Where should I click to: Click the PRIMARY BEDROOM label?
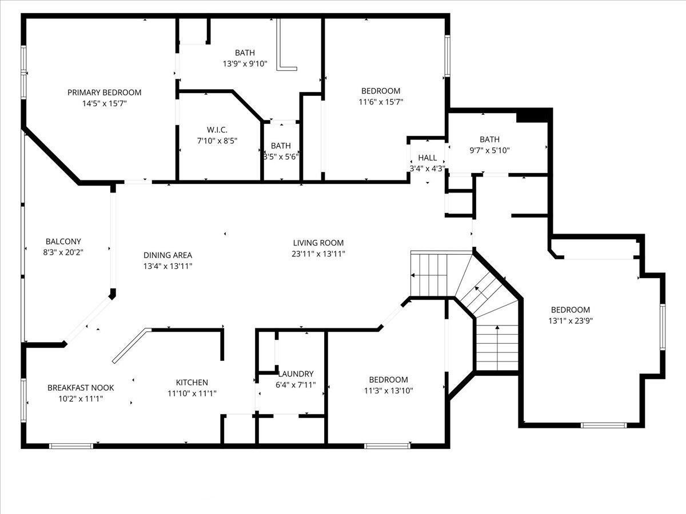105,93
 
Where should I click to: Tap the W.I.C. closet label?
217,130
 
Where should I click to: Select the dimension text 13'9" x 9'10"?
245,64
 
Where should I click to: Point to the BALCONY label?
63,241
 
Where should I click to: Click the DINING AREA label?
167,255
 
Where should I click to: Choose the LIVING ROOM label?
318,243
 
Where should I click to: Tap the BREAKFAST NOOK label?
81,388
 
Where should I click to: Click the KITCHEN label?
192,382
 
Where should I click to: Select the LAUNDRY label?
296,374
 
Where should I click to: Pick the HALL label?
428,158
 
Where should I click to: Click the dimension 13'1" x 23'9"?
571,321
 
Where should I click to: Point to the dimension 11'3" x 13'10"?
389,391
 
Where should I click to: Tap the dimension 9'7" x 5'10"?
490,150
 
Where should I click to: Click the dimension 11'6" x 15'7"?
381,102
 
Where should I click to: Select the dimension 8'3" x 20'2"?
63,252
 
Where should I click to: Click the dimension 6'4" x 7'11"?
296,385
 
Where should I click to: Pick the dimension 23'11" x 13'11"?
318,254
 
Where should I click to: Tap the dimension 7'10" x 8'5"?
217,140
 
